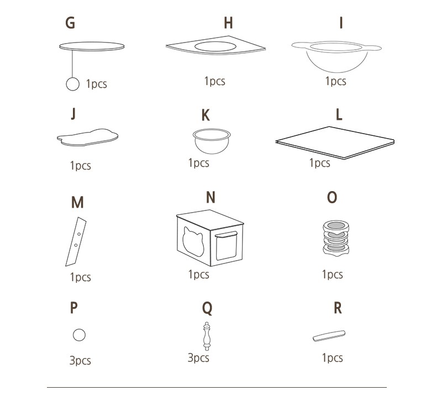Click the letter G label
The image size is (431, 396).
coord(70,23)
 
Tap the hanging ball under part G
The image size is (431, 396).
coord(73,84)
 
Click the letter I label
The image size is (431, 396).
coord(341,23)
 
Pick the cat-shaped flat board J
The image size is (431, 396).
coord(87,137)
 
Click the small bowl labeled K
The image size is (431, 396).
coord(212,141)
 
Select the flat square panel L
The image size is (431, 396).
coord(335,142)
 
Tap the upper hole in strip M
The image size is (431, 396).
coord(79,234)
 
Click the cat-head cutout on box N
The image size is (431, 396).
coord(193,241)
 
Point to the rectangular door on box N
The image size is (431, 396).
coord(226,246)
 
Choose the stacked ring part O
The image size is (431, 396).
coord(336,237)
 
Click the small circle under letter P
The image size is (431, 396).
coord(79,335)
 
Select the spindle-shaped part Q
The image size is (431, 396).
coord(207,336)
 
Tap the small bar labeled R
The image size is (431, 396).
coord(329,336)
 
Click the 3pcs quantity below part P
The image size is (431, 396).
coord(80,360)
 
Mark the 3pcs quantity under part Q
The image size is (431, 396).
coord(198,358)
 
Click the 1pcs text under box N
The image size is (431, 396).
coord(198,274)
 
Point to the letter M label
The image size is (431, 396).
coord(77,202)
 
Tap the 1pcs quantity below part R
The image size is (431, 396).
coord(332,358)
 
